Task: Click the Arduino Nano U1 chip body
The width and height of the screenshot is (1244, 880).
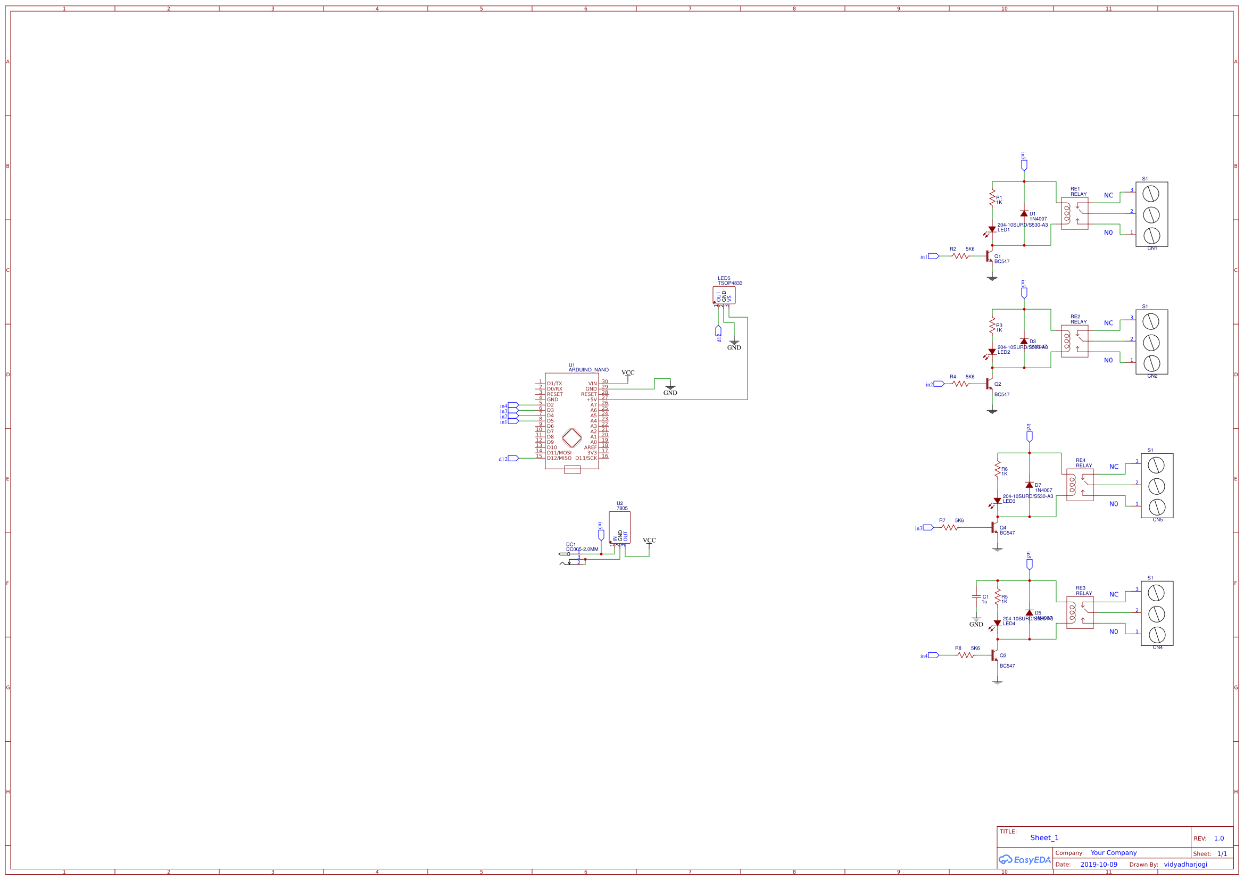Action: coord(571,420)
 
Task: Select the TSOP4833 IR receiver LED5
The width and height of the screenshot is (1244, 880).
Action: coord(724,296)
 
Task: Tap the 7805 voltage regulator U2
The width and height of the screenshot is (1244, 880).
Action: coord(619,527)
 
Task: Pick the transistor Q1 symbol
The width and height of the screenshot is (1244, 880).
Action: coord(989,256)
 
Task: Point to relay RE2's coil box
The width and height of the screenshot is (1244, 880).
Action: coord(1074,342)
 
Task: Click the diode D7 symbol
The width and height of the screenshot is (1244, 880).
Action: coord(1030,485)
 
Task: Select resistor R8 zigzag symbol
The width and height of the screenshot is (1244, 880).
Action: coord(966,655)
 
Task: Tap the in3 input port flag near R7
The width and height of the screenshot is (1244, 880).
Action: coord(928,528)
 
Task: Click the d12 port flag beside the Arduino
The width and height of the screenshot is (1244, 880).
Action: coord(513,459)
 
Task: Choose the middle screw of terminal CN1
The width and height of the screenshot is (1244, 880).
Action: coord(1151,214)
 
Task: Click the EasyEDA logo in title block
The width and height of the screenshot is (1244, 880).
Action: coord(1025,860)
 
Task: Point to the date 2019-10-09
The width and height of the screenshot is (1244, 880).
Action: coord(1099,865)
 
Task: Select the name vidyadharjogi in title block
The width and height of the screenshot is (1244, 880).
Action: coord(1185,865)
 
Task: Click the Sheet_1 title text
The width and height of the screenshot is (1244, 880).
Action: coord(1044,838)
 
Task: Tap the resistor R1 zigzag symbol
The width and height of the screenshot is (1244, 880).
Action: coord(992,198)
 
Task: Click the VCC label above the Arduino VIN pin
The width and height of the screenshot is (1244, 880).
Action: coord(628,373)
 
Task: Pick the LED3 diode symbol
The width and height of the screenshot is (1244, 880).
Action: coord(998,501)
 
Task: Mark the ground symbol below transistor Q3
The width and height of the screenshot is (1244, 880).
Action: coord(998,683)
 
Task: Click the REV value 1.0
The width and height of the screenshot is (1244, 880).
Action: coord(1218,839)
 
